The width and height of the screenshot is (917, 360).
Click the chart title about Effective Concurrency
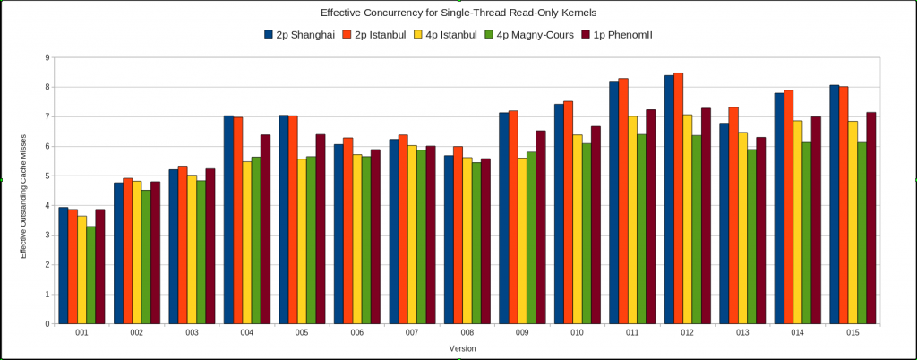tap(458, 13)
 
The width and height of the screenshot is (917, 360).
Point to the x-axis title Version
tap(462, 347)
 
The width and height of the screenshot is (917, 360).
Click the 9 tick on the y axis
tap(47, 57)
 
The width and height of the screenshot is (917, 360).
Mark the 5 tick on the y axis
tap(47, 176)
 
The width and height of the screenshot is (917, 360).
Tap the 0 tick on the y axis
tap(47, 324)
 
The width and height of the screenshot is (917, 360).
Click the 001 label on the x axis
tap(81, 333)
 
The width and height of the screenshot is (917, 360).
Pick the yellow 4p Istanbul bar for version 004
tap(247, 243)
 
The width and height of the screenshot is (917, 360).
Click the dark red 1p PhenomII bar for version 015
tap(870, 219)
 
